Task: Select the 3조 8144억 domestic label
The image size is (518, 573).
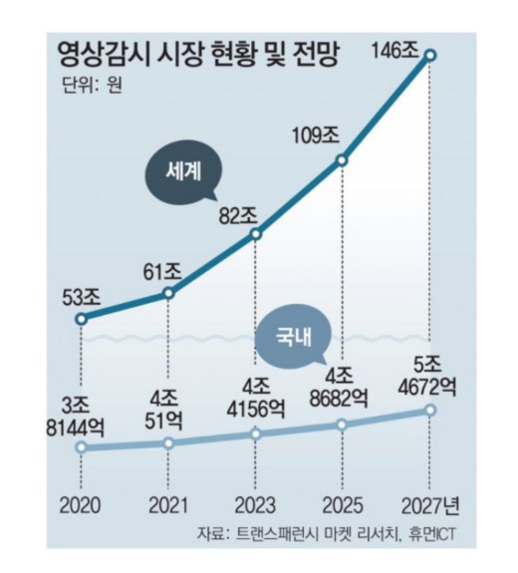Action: [x=80, y=413]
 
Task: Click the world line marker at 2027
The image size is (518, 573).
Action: [x=430, y=58]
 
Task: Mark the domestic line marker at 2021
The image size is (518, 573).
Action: [x=168, y=442]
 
